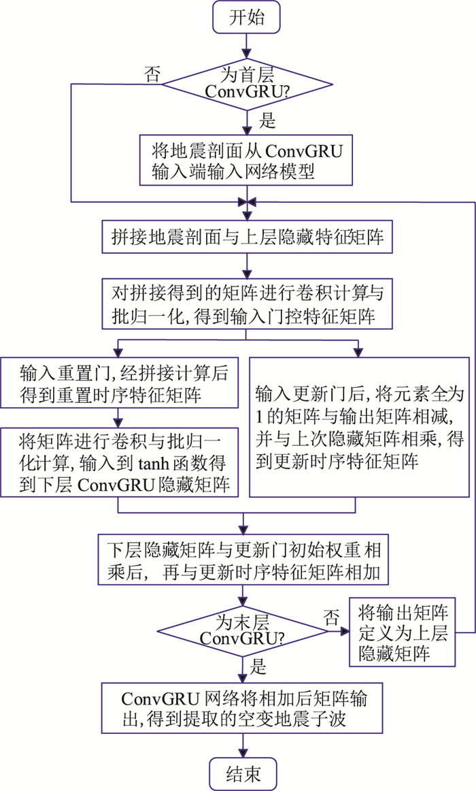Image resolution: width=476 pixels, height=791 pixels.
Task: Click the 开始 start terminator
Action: (245, 18)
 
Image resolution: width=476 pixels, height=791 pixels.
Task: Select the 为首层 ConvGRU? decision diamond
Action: (245, 85)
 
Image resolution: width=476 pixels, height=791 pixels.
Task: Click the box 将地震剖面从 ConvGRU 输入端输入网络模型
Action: (245, 160)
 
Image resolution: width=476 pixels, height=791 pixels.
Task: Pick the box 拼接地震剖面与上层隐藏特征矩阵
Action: (245, 238)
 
